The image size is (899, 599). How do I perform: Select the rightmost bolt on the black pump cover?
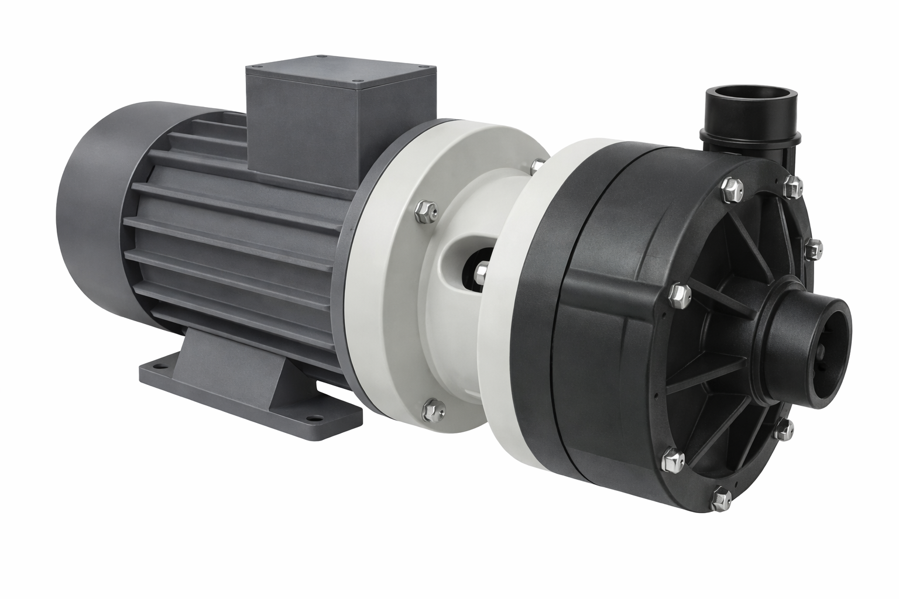pyautogui.click(x=811, y=249)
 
